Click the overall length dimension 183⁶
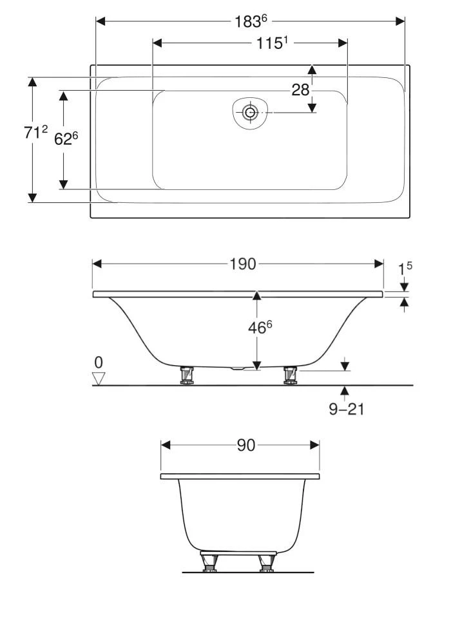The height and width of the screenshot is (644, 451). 248,21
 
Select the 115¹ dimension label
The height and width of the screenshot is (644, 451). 271,43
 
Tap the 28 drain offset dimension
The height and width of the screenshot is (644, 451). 300,90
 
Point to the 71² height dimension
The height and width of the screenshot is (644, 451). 35,132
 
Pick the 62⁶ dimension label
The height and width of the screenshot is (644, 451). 66,139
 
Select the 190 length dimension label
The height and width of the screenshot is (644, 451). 243,263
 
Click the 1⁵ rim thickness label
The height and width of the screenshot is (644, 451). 405,269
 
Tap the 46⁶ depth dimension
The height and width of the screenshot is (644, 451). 260,327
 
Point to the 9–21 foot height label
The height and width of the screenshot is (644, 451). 347,409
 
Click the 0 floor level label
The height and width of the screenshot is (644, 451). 99,363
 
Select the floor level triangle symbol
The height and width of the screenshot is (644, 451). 99,379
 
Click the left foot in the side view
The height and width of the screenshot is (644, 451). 187,375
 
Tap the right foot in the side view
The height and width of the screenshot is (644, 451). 291,375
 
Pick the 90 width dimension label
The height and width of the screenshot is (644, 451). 246,445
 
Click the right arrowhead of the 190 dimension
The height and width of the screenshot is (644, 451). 379,263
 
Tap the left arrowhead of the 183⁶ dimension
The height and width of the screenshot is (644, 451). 101,21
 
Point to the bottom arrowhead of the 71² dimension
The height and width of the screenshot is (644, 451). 32,198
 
